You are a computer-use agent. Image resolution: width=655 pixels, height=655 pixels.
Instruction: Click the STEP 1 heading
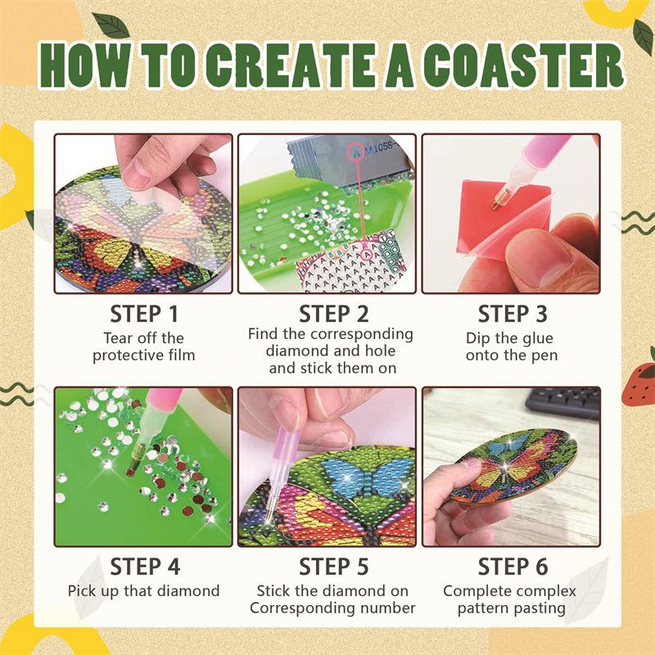tap(144, 314)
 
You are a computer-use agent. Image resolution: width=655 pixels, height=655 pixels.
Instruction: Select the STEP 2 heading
tap(334, 314)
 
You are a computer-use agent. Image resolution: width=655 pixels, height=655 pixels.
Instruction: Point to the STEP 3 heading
tap(513, 314)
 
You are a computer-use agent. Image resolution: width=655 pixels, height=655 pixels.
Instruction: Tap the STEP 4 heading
tap(145, 567)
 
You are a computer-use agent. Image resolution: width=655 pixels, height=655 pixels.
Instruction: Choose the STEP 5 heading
tap(334, 567)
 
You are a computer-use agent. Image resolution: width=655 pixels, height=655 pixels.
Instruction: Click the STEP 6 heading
tap(513, 567)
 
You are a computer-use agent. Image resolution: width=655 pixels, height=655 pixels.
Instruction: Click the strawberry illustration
tap(639, 384)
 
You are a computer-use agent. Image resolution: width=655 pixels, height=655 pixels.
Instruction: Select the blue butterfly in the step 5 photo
tap(367, 476)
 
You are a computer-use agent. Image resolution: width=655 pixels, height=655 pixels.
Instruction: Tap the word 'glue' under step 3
tap(536, 338)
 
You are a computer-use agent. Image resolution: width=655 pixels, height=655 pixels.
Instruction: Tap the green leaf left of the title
tap(111, 25)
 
